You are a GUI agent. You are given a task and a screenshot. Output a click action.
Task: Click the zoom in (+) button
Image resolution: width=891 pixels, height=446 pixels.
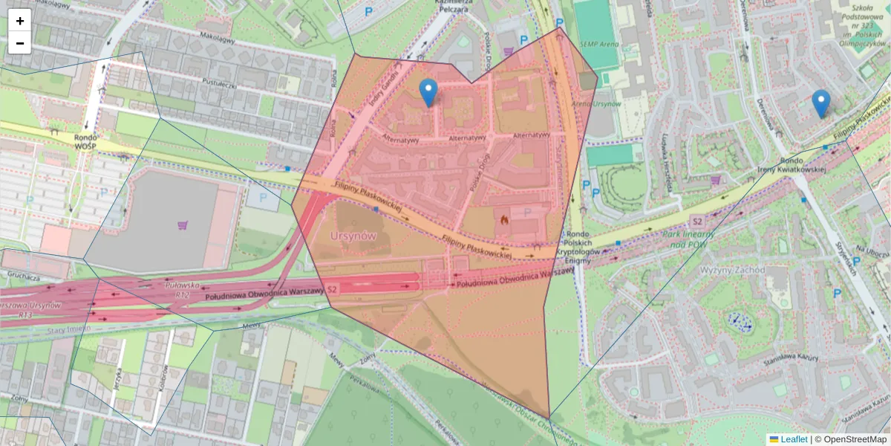(x=20, y=21)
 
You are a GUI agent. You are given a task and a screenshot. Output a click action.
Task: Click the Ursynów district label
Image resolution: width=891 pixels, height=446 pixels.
(x=353, y=235)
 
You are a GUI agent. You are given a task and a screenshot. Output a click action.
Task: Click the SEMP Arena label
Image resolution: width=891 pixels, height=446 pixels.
(x=598, y=45)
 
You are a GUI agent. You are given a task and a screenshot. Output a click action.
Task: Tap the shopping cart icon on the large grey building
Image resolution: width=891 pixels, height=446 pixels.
(x=183, y=224)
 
